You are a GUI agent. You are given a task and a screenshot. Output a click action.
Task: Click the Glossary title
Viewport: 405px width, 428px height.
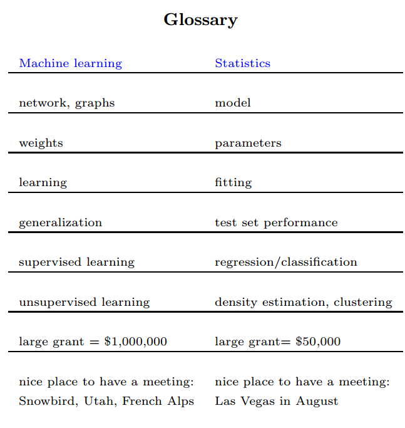click(x=200, y=20)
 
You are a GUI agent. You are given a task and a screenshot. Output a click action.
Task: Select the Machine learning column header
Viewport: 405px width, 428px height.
click(x=70, y=63)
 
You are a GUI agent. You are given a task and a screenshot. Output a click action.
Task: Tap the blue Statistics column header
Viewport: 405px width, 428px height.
click(x=242, y=63)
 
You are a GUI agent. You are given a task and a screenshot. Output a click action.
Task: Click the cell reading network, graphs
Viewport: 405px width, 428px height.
click(x=66, y=103)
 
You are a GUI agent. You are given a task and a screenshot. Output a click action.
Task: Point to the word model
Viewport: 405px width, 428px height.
click(x=232, y=103)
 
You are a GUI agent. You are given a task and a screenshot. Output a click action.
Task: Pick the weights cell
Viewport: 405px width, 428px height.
click(x=41, y=143)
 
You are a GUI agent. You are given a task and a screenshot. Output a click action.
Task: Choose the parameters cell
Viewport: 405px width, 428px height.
click(x=248, y=143)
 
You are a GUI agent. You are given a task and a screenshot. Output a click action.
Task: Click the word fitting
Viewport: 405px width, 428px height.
click(x=233, y=183)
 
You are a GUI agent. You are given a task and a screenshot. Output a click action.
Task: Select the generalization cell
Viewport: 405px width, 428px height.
click(x=60, y=222)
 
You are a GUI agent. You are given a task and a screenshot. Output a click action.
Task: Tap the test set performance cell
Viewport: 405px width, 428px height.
click(x=276, y=222)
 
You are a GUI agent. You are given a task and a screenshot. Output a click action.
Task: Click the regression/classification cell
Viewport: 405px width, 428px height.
click(x=285, y=262)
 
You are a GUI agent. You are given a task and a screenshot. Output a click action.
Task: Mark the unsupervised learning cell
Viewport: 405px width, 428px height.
click(x=84, y=302)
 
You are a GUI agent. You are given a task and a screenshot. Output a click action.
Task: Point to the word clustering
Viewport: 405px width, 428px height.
click(x=362, y=302)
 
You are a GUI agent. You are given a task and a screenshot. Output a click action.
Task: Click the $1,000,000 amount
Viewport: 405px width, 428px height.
click(x=135, y=342)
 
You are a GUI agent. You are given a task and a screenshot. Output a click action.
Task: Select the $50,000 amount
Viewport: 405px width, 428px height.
click(x=318, y=342)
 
